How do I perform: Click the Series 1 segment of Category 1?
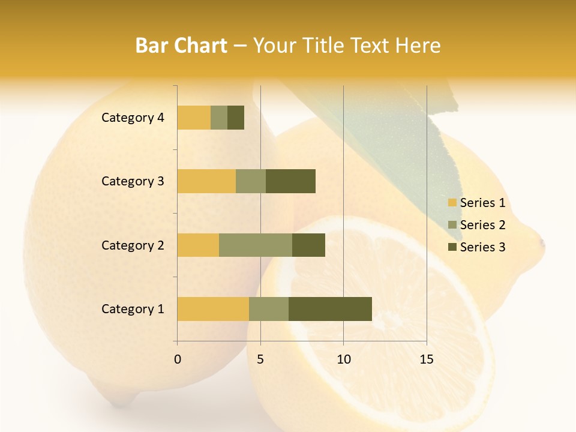pos(213,309)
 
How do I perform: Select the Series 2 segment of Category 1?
pos(269,309)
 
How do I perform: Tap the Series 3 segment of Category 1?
pos(330,309)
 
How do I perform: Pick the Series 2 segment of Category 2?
pos(256,245)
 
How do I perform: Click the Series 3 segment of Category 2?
pos(308,245)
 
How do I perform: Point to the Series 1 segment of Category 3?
pos(206,181)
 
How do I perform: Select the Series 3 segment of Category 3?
pos(290,181)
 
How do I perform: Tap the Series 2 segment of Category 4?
pos(219,118)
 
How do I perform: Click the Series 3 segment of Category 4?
pos(236,118)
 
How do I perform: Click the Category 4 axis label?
pos(133,118)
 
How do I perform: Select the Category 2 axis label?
pos(133,245)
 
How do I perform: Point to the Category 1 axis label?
pos(133,309)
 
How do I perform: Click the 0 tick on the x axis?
pos(178,359)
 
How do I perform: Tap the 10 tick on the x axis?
pos(343,359)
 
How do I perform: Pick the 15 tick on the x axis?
pos(427,359)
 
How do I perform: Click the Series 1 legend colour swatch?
pos(452,203)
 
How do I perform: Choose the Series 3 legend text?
pos(482,247)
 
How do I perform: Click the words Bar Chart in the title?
pos(181,46)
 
